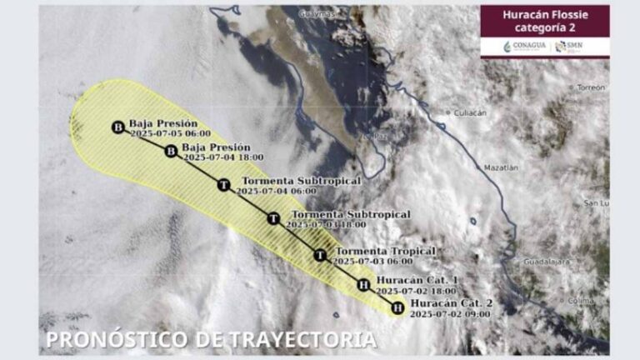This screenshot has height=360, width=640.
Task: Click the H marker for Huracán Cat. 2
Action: (x=397, y=308)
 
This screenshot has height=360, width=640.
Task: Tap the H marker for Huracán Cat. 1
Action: (x=362, y=286)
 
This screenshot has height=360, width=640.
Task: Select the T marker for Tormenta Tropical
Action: (x=320, y=255)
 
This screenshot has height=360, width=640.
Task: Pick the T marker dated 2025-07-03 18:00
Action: (x=272, y=218)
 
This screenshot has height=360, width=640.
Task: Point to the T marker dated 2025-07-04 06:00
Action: (x=223, y=185)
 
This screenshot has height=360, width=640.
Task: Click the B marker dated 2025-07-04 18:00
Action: (x=171, y=151)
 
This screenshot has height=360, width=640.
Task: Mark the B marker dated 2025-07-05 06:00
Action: (x=118, y=127)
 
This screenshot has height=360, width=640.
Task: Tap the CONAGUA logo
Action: (x=525, y=45)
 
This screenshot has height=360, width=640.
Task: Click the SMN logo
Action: (x=573, y=45)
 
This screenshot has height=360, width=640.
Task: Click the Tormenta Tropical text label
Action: (x=385, y=251)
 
